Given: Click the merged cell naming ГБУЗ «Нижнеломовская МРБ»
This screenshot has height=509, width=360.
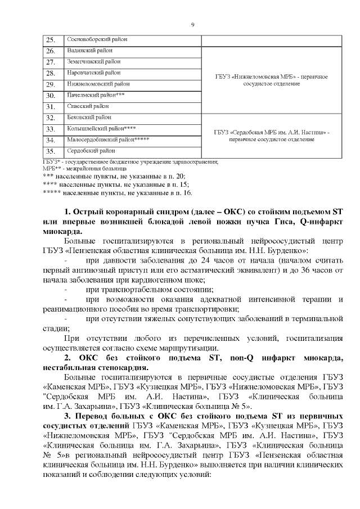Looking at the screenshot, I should pos(271,79).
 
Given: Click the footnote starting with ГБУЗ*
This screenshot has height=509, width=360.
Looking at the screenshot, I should pos(130,162).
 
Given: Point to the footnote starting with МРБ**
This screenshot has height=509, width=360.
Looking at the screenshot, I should pos(84,169).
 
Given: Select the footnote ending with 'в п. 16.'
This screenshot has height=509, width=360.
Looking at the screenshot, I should pos(117,192).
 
